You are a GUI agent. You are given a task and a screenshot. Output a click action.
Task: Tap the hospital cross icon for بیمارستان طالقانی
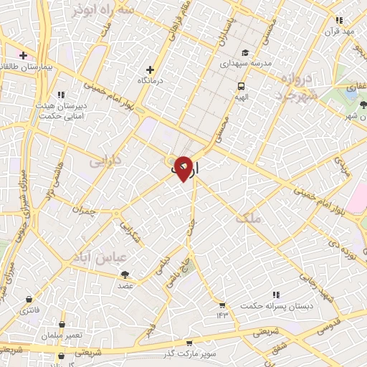tap(24, 55)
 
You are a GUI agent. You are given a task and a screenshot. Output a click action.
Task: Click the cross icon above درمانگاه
tap(150, 70)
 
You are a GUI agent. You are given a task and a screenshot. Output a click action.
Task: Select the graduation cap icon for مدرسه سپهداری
tap(245, 53)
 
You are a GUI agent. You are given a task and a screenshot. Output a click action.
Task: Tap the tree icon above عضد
tap(125, 274)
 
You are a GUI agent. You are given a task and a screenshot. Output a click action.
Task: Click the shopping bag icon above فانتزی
tap(29, 299)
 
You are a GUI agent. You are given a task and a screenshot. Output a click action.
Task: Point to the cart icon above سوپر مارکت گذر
tap(189, 343)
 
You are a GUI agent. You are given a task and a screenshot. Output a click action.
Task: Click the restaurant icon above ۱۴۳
tap(222, 305)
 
